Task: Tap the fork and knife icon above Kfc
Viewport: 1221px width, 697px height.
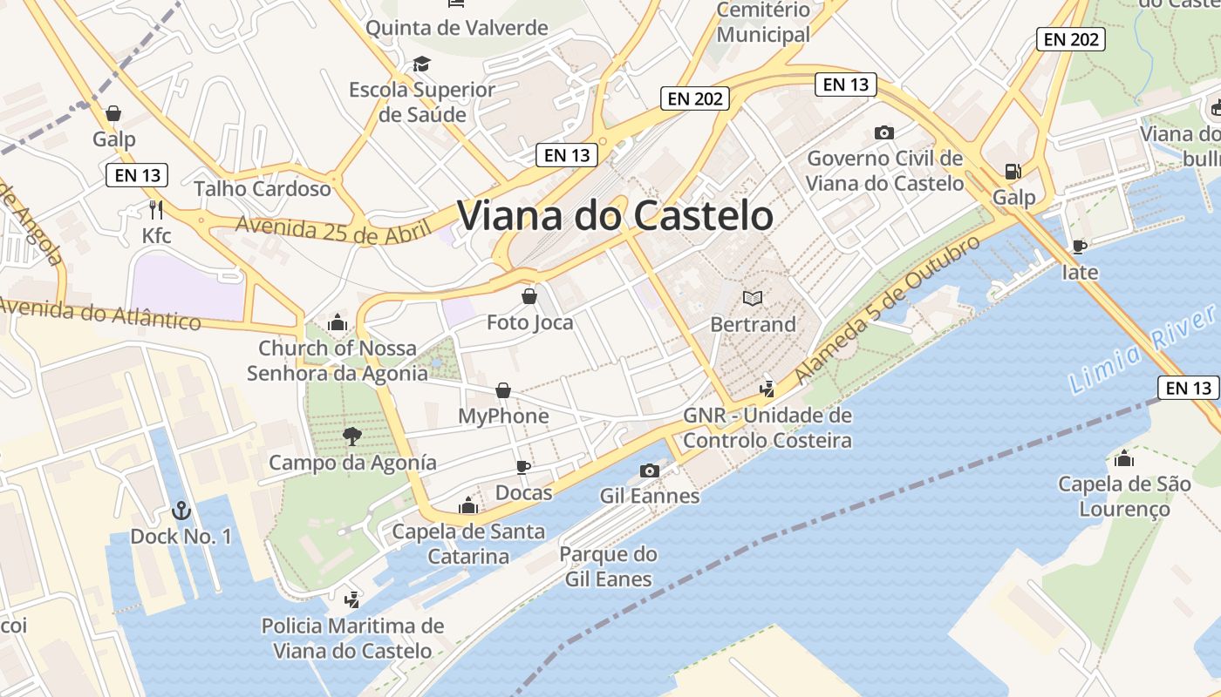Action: pyautogui.click(x=156, y=209)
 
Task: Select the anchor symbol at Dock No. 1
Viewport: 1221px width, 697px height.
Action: pyautogui.click(x=181, y=510)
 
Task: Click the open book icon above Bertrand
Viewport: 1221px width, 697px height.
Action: pyautogui.click(x=753, y=299)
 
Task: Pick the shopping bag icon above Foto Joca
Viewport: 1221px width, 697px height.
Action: pyautogui.click(x=529, y=296)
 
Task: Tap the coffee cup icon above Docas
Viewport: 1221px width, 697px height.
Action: pyautogui.click(x=523, y=467)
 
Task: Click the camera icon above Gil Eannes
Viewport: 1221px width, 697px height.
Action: pyautogui.click(x=649, y=470)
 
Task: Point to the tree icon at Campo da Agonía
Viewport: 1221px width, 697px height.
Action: pyautogui.click(x=351, y=436)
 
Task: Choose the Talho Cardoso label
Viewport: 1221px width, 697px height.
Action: pyautogui.click(x=263, y=188)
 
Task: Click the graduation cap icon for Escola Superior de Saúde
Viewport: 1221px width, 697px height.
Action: pyautogui.click(x=421, y=64)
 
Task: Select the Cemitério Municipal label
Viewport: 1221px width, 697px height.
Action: pyautogui.click(x=763, y=23)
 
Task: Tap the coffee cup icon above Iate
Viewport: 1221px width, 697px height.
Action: pyautogui.click(x=1079, y=247)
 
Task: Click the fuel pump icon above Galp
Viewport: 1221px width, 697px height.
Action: pyautogui.click(x=1013, y=172)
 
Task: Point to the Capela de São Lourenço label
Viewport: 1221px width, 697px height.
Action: pyautogui.click(x=1124, y=497)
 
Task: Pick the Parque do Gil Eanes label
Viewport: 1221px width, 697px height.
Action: pyautogui.click(x=608, y=566)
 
